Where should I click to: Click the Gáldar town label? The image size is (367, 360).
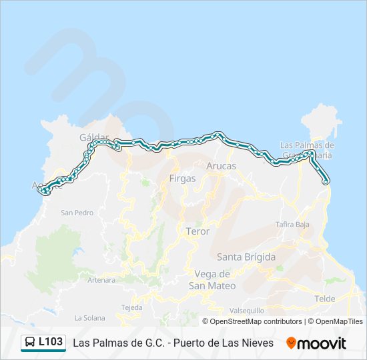(x=93, y=136)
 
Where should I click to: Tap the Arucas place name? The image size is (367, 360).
(x=221, y=165)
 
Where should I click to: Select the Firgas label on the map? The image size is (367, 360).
(x=182, y=178)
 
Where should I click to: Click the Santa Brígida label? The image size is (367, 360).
(x=246, y=256)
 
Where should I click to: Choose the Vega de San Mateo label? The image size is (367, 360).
(x=212, y=279)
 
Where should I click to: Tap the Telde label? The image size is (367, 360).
(x=325, y=299)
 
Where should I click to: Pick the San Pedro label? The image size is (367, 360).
(x=77, y=213)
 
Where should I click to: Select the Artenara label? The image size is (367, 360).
(x=102, y=280)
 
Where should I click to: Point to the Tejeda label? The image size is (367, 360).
(x=131, y=307)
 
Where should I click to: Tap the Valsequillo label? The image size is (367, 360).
(x=247, y=310)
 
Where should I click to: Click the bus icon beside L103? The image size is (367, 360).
(x=30, y=343)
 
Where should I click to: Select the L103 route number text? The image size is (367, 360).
(x=51, y=343)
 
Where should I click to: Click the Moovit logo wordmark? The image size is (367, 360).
(x=322, y=343)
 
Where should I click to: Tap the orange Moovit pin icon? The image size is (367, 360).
(x=291, y=343)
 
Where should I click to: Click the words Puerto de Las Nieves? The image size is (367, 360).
(x=224, y=343)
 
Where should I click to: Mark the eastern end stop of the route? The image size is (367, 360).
(x=326, y=181)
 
